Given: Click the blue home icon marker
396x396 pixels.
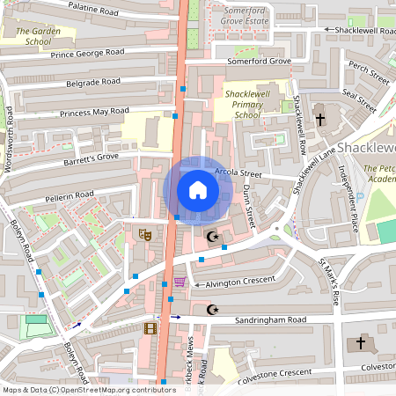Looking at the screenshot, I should (197, 190).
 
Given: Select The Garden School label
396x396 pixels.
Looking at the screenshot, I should (39, 35).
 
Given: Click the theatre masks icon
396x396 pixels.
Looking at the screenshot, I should (145, 235).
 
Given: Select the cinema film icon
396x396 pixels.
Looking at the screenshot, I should (150, 329).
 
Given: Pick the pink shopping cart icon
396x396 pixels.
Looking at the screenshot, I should (180, 282).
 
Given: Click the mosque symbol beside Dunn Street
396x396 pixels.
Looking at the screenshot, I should (211, 237).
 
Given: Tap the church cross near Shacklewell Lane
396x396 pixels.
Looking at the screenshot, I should (320, 119).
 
